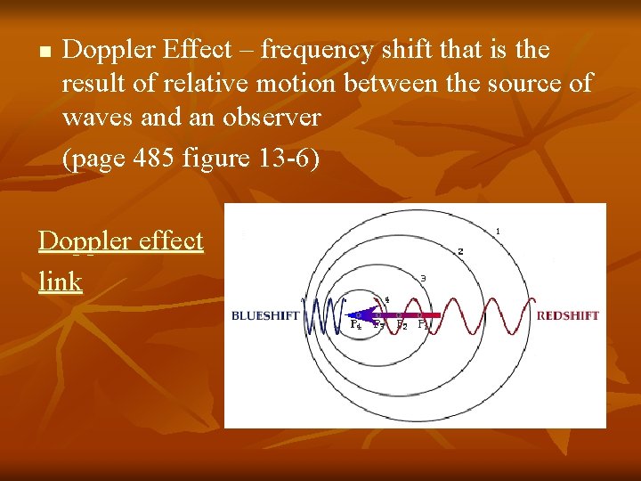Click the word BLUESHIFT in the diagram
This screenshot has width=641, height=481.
coord(264,315)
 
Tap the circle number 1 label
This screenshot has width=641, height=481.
coord(498,232)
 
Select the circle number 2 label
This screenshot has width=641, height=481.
coord(460,252)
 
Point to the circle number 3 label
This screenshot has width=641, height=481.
coord(423,279)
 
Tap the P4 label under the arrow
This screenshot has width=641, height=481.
coord(355,325)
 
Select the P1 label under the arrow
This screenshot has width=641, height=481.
coord(424,325)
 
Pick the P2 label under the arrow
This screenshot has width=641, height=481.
coord(402,325)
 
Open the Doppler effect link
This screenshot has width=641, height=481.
coord(121,241)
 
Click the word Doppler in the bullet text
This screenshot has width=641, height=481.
coord(110,51)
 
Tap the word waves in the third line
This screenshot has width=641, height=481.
coord(98,117)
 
